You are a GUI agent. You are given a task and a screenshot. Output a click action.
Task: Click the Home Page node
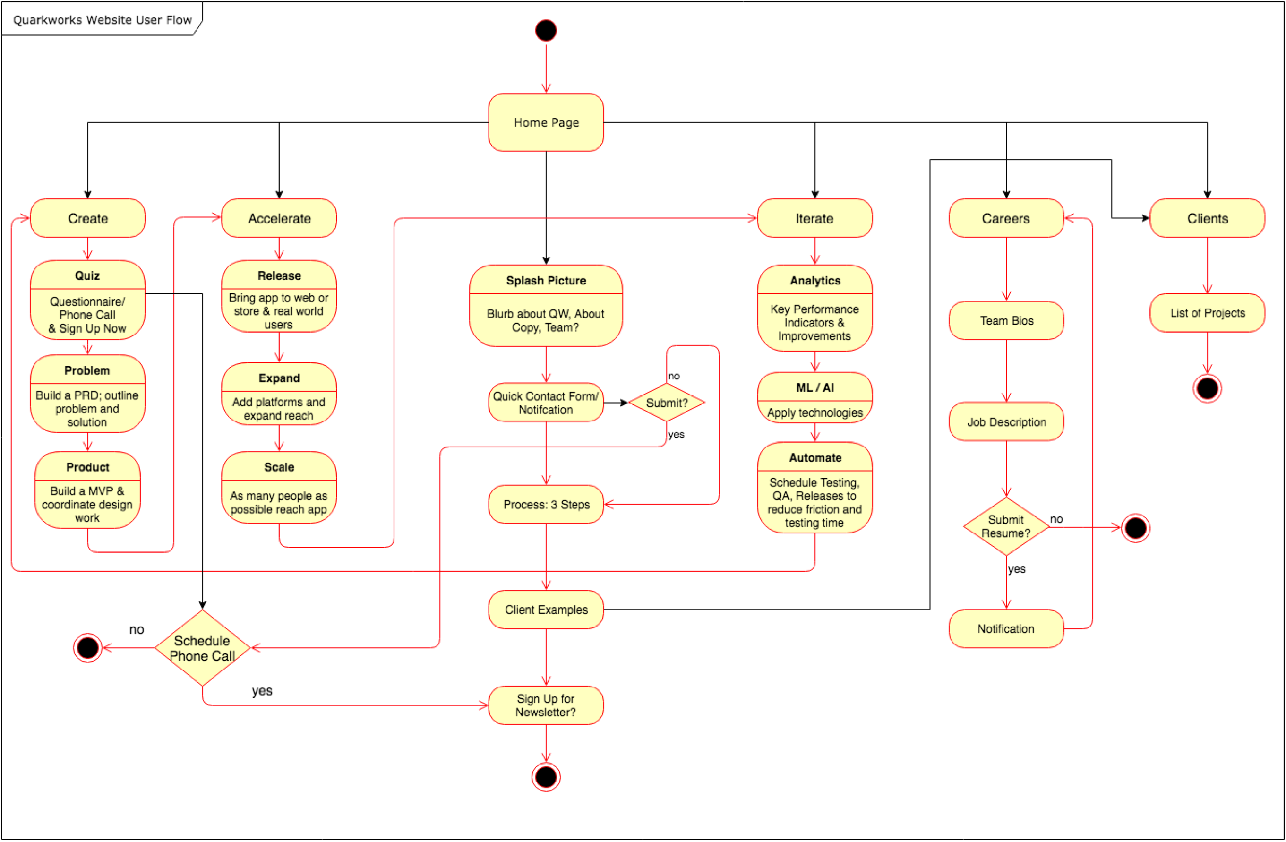coord(546,122)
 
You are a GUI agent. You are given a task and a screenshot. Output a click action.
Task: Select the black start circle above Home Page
coord(546,30)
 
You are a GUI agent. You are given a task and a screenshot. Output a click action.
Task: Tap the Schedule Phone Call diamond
coord(202,647)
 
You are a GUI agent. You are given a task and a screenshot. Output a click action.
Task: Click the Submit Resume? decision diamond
coord(1006,526)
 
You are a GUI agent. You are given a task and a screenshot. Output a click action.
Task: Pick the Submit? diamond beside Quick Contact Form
coord(667,403)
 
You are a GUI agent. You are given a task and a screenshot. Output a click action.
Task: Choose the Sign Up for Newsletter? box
coord(546,705)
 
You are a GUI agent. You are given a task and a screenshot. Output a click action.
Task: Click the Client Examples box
coord(546,610)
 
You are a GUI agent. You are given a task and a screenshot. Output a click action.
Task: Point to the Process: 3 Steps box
coord(546,504)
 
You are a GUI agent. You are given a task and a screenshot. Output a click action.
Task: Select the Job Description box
coord(1006,422)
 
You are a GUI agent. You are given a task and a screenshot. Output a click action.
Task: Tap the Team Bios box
coord(1006,320)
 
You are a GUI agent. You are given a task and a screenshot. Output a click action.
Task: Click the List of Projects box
coord(1207,313)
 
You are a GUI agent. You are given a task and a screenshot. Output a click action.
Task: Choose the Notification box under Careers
coord(1006,628)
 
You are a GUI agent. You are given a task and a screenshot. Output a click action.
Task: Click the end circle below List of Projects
coord(1207,388)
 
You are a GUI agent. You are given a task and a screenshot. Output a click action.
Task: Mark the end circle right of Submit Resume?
coord(1135,528)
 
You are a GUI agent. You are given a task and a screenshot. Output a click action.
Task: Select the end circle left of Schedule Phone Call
coord(87,647)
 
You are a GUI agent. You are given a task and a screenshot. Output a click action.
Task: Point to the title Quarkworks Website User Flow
coord(102,20)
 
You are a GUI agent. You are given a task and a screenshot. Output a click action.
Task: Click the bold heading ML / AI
coord(815,387)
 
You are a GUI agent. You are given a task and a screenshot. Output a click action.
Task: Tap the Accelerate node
coord(279,218)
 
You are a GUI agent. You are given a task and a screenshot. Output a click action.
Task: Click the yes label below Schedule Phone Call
coord(262,691)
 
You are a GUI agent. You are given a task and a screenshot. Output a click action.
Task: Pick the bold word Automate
coord(815,457)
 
